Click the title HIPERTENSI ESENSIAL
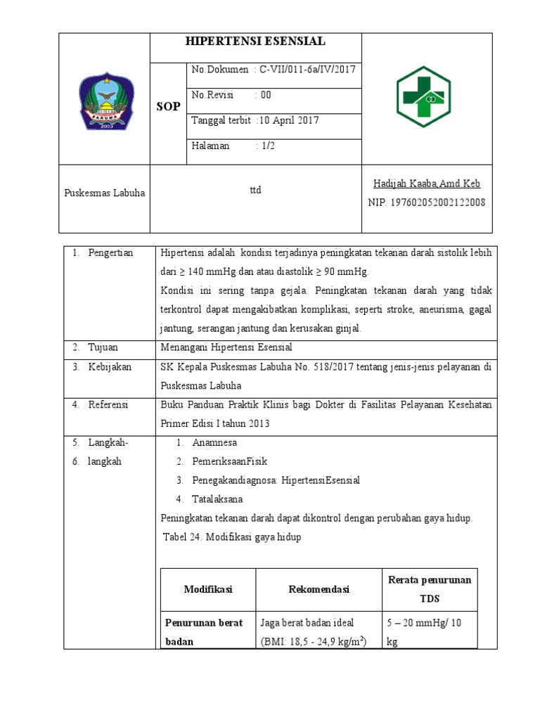[255, 41]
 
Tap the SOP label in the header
[167, 105]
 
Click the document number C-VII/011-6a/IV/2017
[308, 70]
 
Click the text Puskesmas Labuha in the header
[104, 193]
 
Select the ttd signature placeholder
[255, 190]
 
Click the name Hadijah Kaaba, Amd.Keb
[427, 184]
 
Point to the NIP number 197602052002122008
[427, 202]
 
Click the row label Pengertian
[110, 253]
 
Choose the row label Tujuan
[103, 347]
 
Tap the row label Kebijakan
[110, 367]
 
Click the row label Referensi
[109, 405]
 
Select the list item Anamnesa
[214, 443]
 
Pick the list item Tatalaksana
[218, 499]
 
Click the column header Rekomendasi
[319, 589]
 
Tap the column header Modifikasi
[208, 589]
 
